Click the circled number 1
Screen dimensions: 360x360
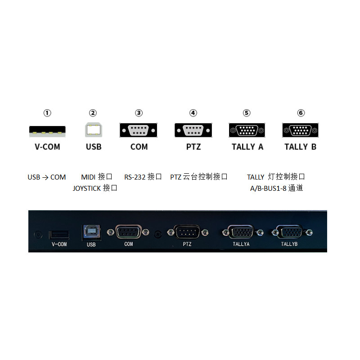[47, 113]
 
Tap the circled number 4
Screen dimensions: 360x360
[193, 113]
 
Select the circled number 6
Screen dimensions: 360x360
[301, 113]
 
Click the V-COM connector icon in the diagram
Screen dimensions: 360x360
[47, 131]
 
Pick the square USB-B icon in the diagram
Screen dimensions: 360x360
[94, 130]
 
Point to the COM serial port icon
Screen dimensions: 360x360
[139, 130]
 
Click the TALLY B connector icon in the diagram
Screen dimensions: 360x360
[301, 130]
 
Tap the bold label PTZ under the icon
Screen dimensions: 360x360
[193, 147]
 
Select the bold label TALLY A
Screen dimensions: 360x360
[247, 147]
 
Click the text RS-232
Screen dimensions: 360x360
[135, 177]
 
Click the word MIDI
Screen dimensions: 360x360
[88, 177]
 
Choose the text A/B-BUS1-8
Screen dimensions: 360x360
[268, 188]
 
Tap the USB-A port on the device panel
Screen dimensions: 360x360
[59, 234]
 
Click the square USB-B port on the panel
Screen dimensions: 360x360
[91, 232]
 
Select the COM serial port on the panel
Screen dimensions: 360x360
[128, 232]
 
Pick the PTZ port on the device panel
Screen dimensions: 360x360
[188, 232]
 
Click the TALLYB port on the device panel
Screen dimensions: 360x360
[289, 233]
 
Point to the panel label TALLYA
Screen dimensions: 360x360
[241, 244]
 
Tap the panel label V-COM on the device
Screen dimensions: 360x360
[59, 244]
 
